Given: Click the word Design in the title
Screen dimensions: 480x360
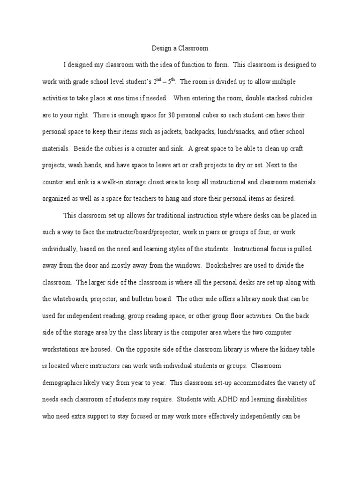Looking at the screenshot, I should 162,48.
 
